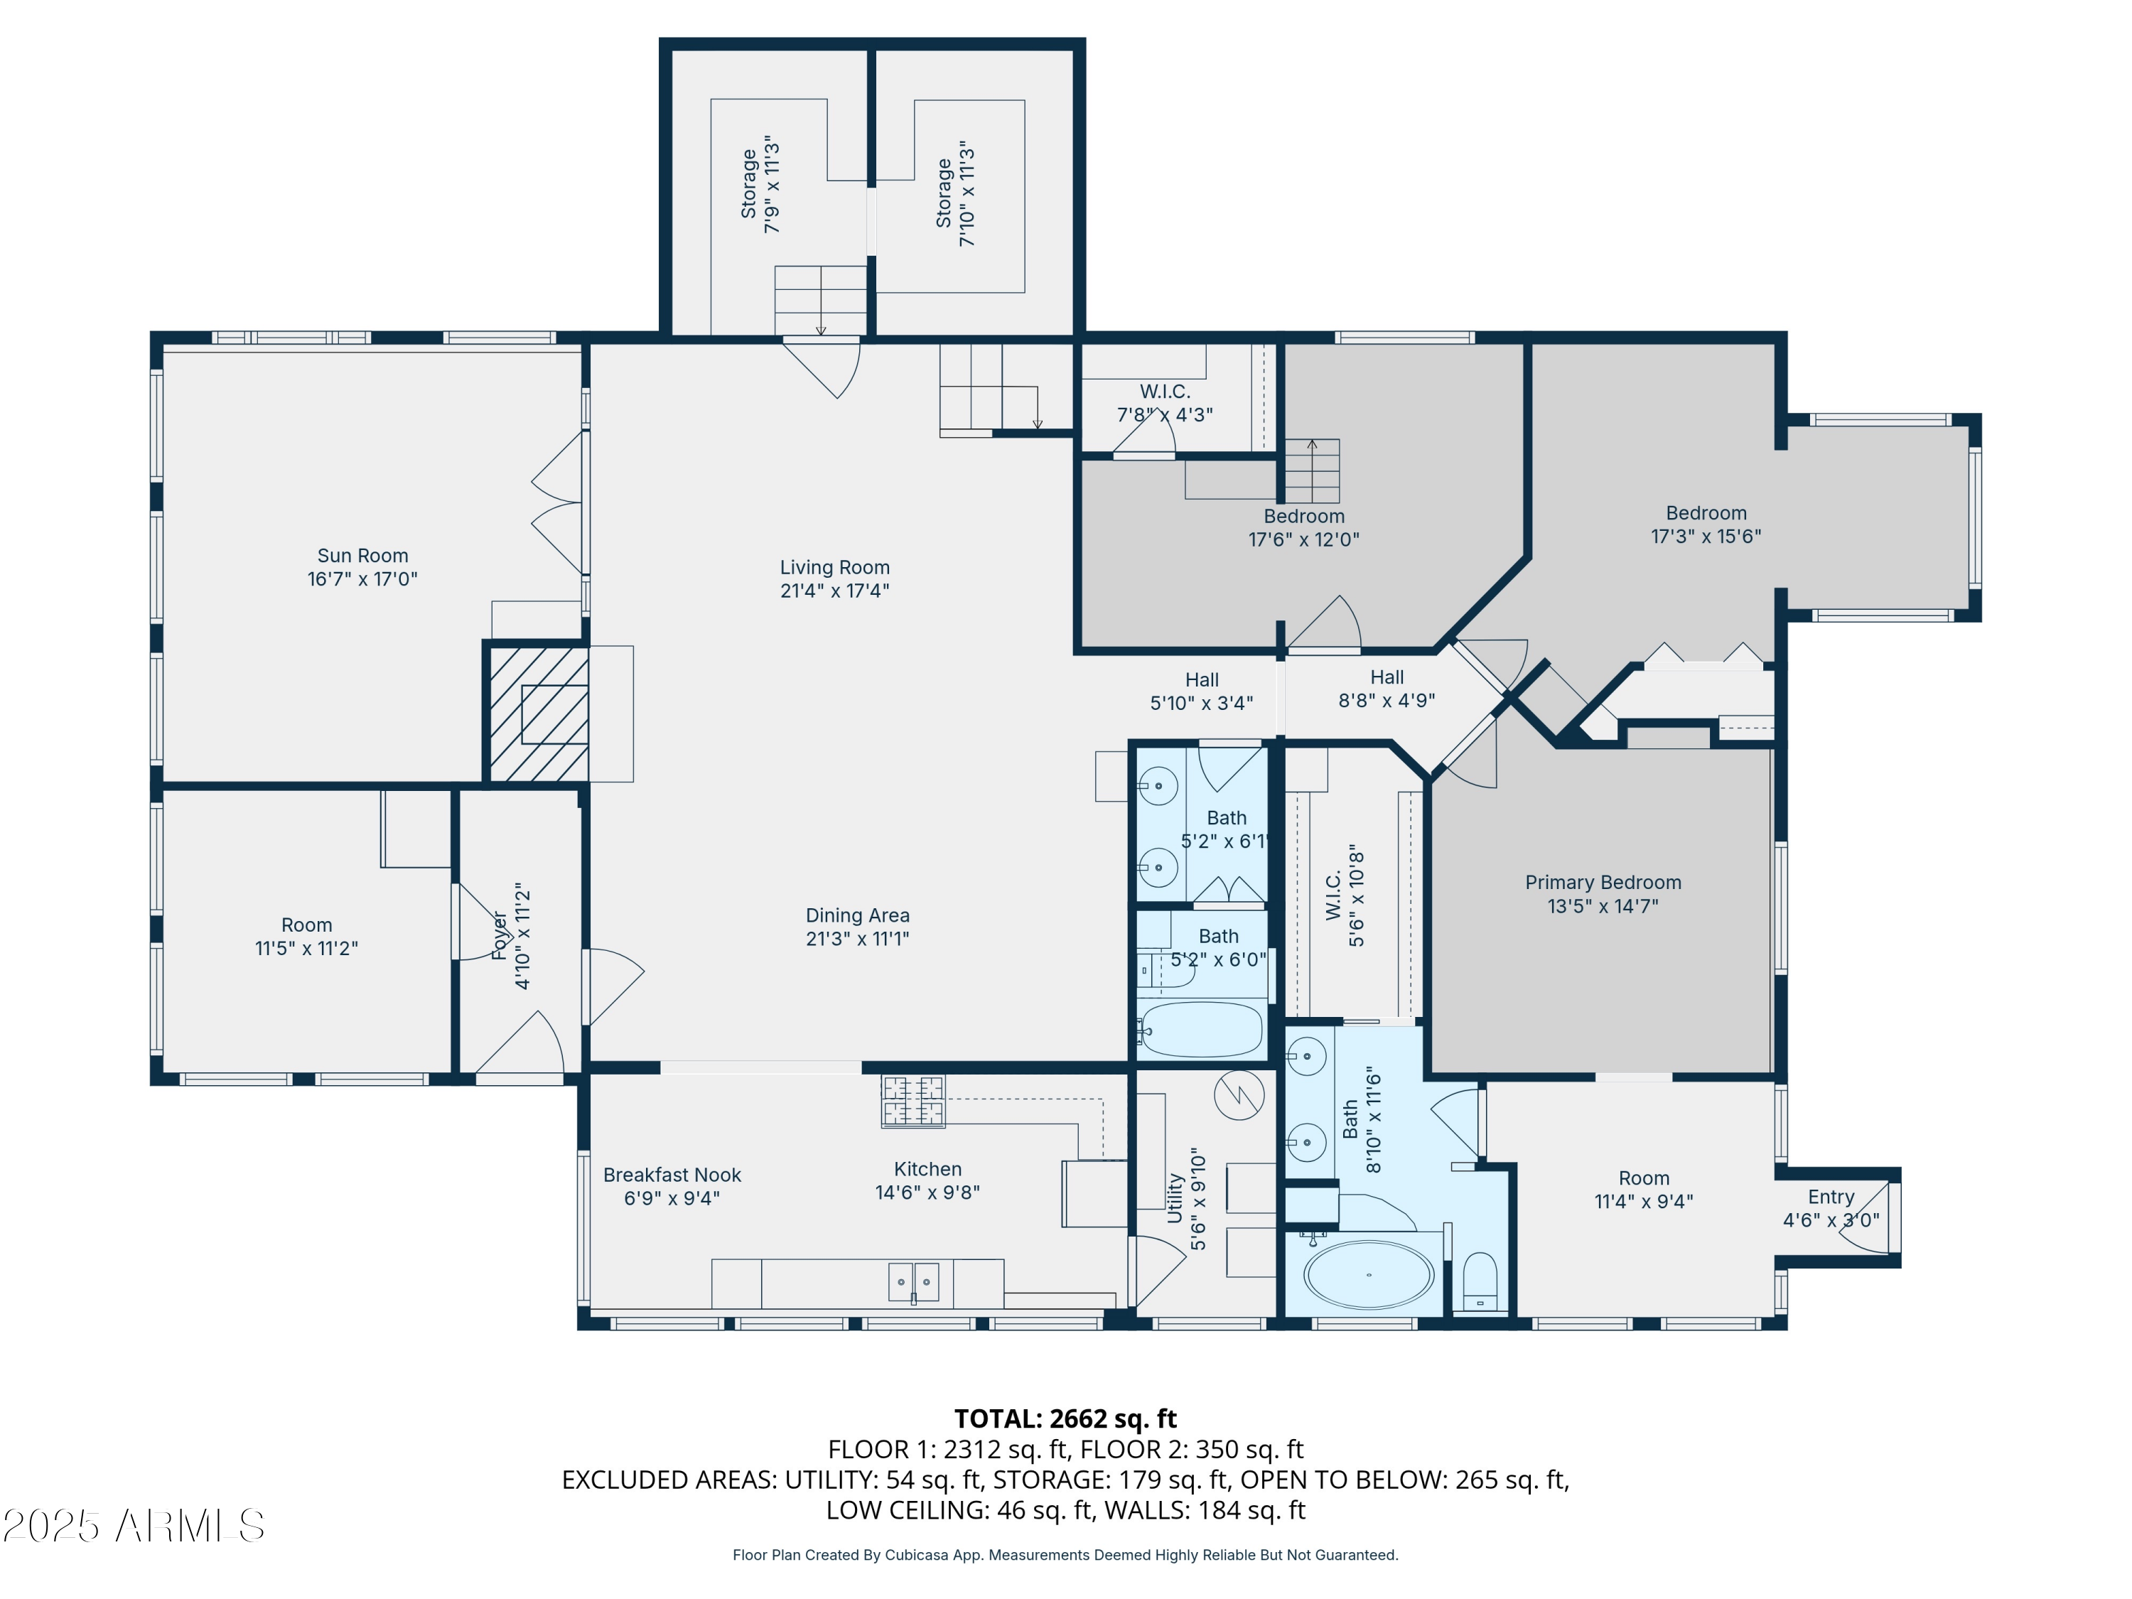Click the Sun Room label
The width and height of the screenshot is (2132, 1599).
[362, 556]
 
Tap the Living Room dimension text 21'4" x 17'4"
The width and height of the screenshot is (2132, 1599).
[835, 591]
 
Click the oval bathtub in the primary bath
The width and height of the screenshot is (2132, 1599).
[1368, 1274]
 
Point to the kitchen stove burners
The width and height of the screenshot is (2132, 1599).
[912, 1101]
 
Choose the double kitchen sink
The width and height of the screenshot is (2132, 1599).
[912, 1282]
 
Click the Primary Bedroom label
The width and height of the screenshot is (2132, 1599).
[1603, 883]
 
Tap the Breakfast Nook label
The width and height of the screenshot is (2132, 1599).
[672, 1175]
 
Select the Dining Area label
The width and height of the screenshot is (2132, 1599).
[858, 915]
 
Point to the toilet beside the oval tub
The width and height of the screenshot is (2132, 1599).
[1480, 1283]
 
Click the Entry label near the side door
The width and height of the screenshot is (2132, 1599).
[1831, 1197]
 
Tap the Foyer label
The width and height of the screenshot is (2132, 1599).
[500, 936]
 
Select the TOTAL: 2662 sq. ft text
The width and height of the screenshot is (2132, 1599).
[1065, 1418]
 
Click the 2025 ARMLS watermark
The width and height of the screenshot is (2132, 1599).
[134, 1526]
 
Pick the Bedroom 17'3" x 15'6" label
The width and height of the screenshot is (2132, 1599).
[1706, 525]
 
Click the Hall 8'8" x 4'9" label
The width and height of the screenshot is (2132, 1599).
[1387, 689]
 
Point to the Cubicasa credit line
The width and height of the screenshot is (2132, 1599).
[1065, 1555]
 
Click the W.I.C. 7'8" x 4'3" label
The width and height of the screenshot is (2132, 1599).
[1164, 403]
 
